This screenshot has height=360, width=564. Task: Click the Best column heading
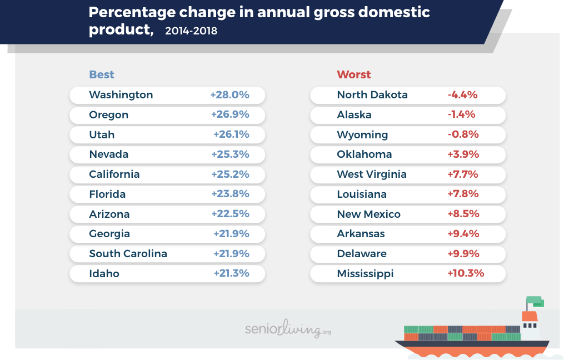click(101, 75)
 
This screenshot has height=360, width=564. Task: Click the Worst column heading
click(353, 75)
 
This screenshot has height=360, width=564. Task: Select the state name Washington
click(121, 95)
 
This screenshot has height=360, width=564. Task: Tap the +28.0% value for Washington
click(229, 95)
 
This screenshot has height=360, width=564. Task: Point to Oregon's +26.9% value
click(230, 115)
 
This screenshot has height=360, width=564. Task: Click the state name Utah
click(102, 134)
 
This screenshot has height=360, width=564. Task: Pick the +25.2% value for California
click(230, 174)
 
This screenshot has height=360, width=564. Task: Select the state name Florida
click(107, 194)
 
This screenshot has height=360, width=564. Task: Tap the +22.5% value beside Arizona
click(230, 214)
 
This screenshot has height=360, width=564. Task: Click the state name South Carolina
click(128, 254)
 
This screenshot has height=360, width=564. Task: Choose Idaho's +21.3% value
click(231, 273)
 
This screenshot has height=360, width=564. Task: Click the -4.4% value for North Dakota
click(462, 95)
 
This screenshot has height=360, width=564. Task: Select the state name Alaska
click(354, 115)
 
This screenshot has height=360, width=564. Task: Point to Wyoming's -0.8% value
click(463, 134)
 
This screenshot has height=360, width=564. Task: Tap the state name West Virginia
click(372, 174)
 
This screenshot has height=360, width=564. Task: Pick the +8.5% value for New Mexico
click(463, 214)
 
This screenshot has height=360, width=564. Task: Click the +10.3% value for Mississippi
click(466, 273)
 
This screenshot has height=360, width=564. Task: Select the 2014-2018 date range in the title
click(191, 31)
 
